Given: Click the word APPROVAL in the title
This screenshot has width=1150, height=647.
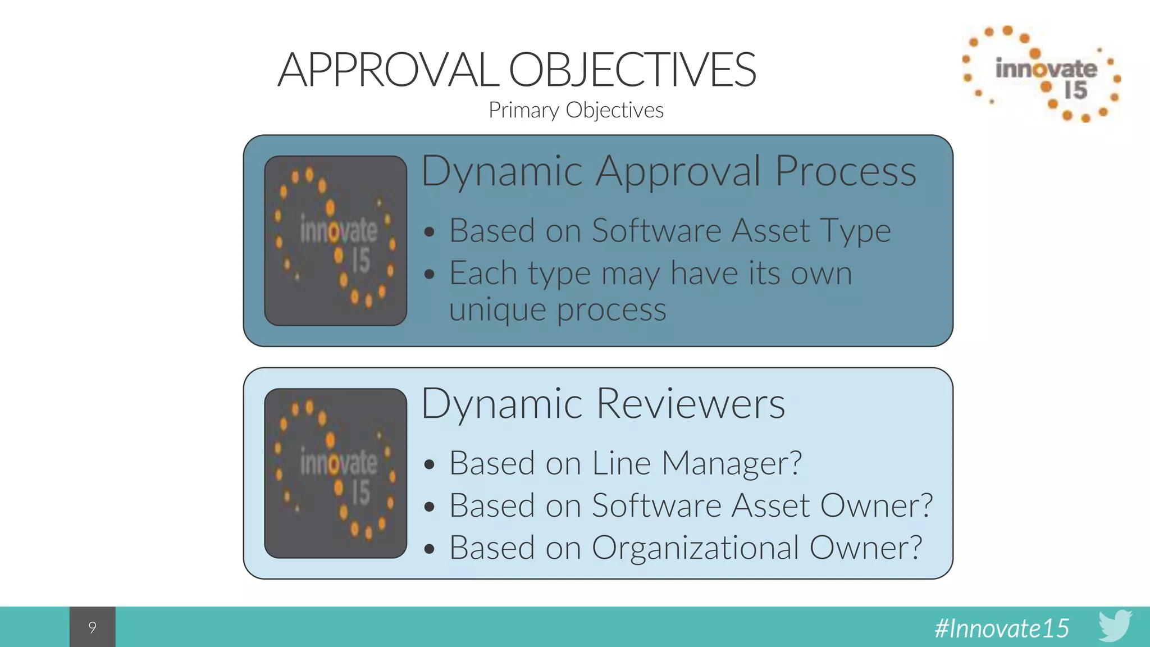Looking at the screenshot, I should [x=387, y=70].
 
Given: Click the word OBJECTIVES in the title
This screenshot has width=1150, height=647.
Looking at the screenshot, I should [x=632, y=70].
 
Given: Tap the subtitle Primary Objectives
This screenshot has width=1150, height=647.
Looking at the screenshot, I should [x=576, y=110].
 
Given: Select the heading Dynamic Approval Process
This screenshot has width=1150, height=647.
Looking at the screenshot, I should [x=668, y=171].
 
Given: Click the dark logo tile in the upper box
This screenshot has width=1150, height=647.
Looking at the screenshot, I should [x=335, y=240].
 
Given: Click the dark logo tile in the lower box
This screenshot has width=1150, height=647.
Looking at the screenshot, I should [x=335, y=473].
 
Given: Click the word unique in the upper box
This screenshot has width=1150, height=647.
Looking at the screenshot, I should [x=497, y=310].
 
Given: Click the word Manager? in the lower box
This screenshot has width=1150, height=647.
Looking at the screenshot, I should [x=731, y=464].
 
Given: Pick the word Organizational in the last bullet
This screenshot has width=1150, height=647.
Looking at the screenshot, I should [x=695, y=548].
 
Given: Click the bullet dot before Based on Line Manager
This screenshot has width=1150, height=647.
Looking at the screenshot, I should [x=430, y=464].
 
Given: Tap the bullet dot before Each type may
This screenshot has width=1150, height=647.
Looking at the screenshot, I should [x=430, y=274].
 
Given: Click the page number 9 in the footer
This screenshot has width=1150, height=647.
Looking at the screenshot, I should [x=93, y=627].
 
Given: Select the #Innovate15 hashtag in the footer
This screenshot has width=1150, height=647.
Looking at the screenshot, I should [x=1002, y=628].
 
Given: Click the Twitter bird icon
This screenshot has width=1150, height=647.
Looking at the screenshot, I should [x=1115, y=625].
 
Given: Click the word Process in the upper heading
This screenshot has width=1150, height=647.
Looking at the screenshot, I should [x=846, y=171].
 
